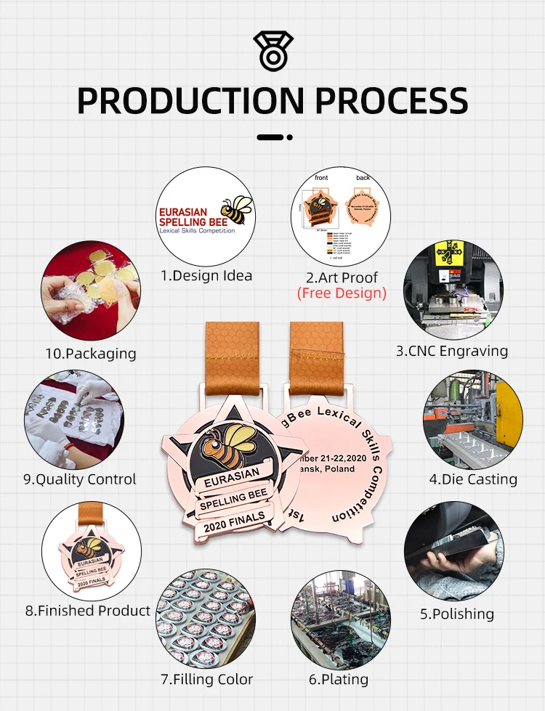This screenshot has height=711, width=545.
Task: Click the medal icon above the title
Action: click(x=272, y=50)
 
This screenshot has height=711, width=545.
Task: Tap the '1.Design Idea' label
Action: click(x=206, y=275)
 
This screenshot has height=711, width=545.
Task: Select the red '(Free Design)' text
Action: click(x=342, y=293)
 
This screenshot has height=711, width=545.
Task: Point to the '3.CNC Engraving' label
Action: click(x=452, y=351)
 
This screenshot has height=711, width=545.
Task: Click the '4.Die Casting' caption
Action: click(x=473, y=479)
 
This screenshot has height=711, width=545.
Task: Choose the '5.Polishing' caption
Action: click(x=457, y=614)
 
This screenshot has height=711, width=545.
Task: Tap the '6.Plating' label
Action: click(x=339, y=680)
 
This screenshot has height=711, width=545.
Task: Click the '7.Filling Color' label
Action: click(x=206, y=680)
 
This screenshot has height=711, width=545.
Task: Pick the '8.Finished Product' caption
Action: click(x=88, y=611)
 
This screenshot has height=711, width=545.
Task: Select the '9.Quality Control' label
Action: click(x=80, y=479)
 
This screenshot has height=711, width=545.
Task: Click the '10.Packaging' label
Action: click(x=90, y=354)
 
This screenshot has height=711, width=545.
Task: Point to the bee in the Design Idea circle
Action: click(x=237, y=209)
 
